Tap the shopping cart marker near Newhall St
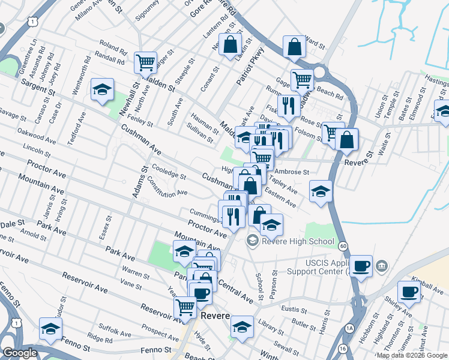click(x=145, y=62)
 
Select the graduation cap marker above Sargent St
click(x=102, y=90)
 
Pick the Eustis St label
click(x=294, y=310)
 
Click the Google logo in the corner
click(x=20, y=353)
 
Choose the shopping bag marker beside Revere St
click(x=346, y=140)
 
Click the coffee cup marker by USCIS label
click(x=361, y=266)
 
